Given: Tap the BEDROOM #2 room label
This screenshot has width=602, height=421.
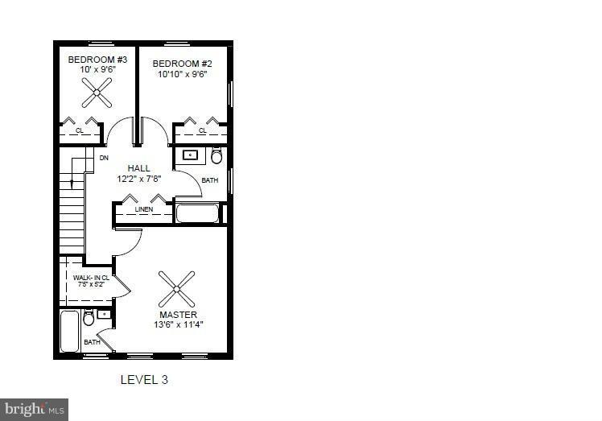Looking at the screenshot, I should pos(182,63).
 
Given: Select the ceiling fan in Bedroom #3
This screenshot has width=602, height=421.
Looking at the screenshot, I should pos(97,93).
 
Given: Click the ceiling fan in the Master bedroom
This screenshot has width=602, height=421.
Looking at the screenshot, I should pos(176,288).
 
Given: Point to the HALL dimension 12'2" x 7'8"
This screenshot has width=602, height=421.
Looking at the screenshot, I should pos(138,180).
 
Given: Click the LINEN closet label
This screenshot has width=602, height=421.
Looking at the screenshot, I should pos(143,209).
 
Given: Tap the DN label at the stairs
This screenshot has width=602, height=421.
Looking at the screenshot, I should pos(104,158).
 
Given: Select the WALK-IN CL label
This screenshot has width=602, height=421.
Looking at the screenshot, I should pos(91,278).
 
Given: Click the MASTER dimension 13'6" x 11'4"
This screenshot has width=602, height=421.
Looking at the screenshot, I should pos(178,325).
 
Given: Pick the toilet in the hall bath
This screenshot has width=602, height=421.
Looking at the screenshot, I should pos(216,156).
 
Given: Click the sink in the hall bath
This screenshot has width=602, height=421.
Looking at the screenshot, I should pos(191,155).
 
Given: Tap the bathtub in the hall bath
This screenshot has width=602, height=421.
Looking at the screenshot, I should pos(197,214).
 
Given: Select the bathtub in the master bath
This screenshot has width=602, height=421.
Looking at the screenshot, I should pos(70,330).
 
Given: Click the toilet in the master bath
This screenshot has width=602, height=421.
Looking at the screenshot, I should pos(89,319).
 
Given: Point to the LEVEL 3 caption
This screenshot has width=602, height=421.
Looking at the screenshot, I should pos(144,378).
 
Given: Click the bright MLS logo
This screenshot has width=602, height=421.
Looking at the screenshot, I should pos(35,410).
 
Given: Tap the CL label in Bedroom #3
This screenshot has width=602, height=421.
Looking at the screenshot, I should pos(80,130).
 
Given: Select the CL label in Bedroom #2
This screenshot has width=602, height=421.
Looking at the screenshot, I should pos(202,130).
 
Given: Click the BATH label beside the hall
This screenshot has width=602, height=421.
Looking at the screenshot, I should pos(209,180).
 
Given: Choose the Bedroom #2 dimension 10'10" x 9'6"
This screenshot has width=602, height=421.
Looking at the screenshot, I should pos(182,73).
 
